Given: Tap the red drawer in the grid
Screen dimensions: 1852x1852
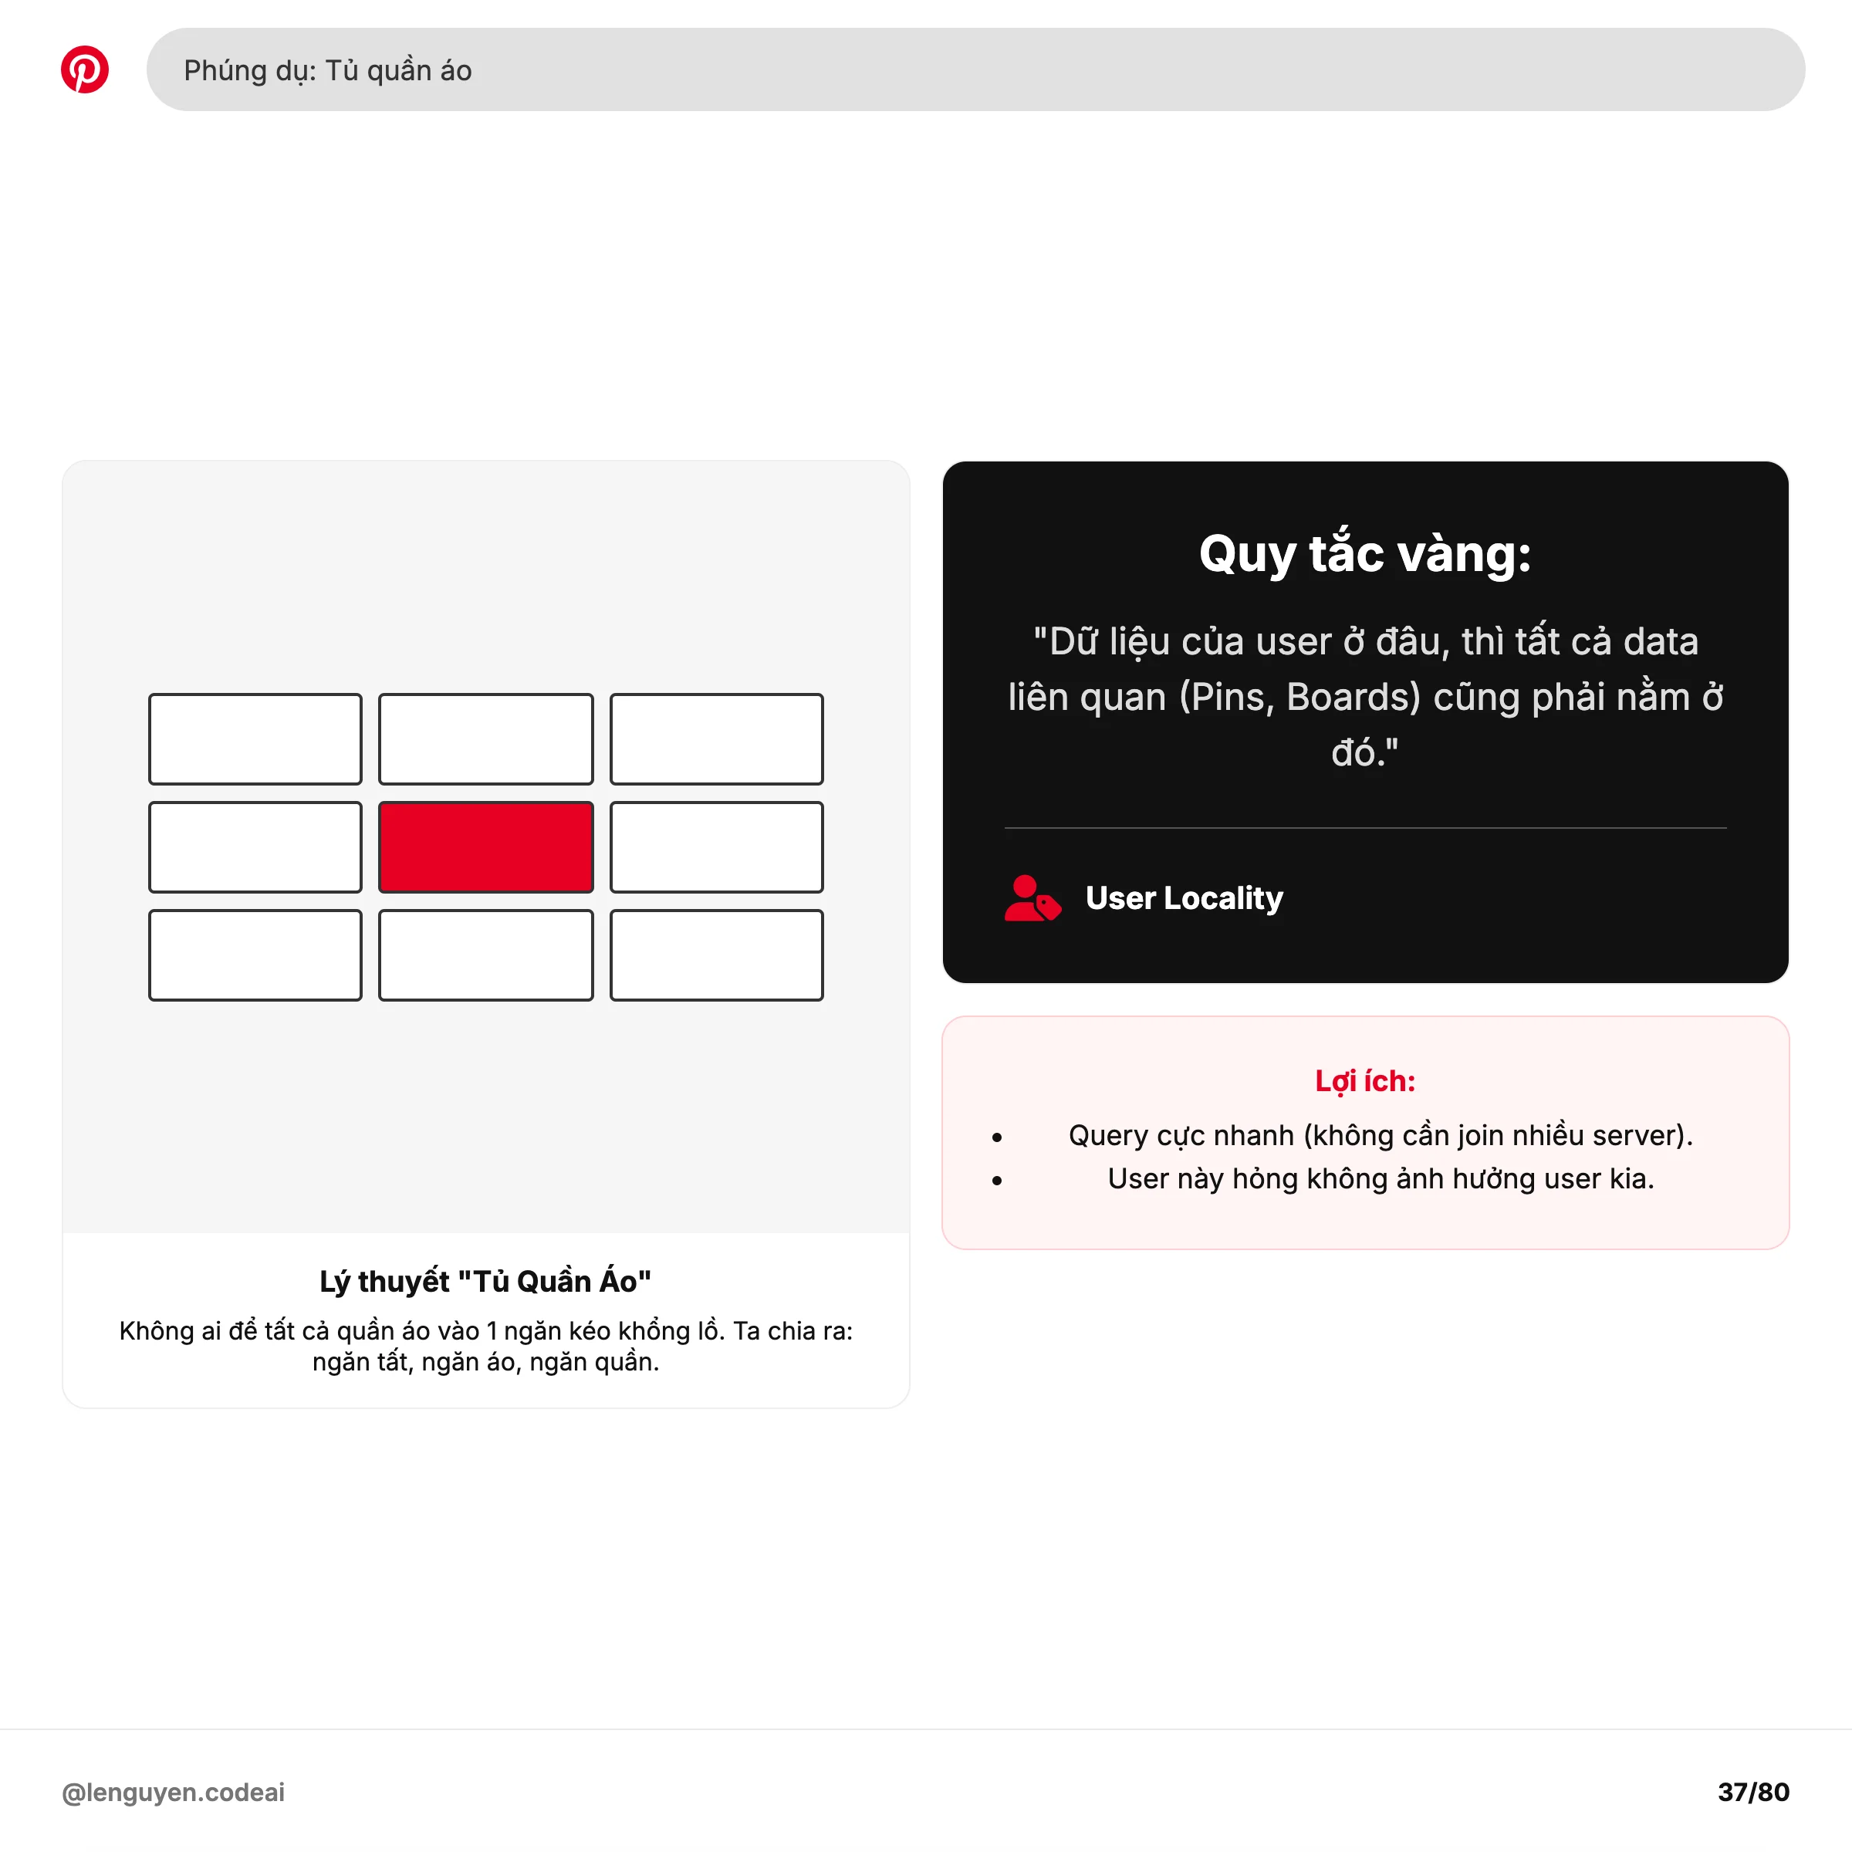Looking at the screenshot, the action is pos(486,847).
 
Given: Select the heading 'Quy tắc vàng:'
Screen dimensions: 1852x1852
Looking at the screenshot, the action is pos(1365,554).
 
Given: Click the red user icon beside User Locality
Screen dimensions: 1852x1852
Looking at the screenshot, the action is pos(1032,898).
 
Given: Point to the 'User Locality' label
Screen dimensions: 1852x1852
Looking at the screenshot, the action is pos(1184,898).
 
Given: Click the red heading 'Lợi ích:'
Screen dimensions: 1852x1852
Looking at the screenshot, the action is pos(1365,1081).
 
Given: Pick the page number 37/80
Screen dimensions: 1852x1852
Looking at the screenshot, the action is pos(1753,1793).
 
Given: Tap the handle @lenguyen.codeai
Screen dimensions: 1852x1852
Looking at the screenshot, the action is pos(174,1793).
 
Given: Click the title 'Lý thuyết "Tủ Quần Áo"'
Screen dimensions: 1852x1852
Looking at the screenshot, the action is pos(485,1282).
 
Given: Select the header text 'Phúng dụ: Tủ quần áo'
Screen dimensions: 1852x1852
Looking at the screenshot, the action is pos(328,70).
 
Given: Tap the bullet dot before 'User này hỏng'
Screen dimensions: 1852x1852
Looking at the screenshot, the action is pos(997,1181).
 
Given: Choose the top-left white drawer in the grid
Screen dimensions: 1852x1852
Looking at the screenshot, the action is pos(255,739).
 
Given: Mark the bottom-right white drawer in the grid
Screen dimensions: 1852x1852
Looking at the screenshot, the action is pos(716,955).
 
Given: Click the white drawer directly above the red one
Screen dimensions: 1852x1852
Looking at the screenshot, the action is pos(486,739).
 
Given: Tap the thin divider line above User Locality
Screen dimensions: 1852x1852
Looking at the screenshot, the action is pos(1365,827).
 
